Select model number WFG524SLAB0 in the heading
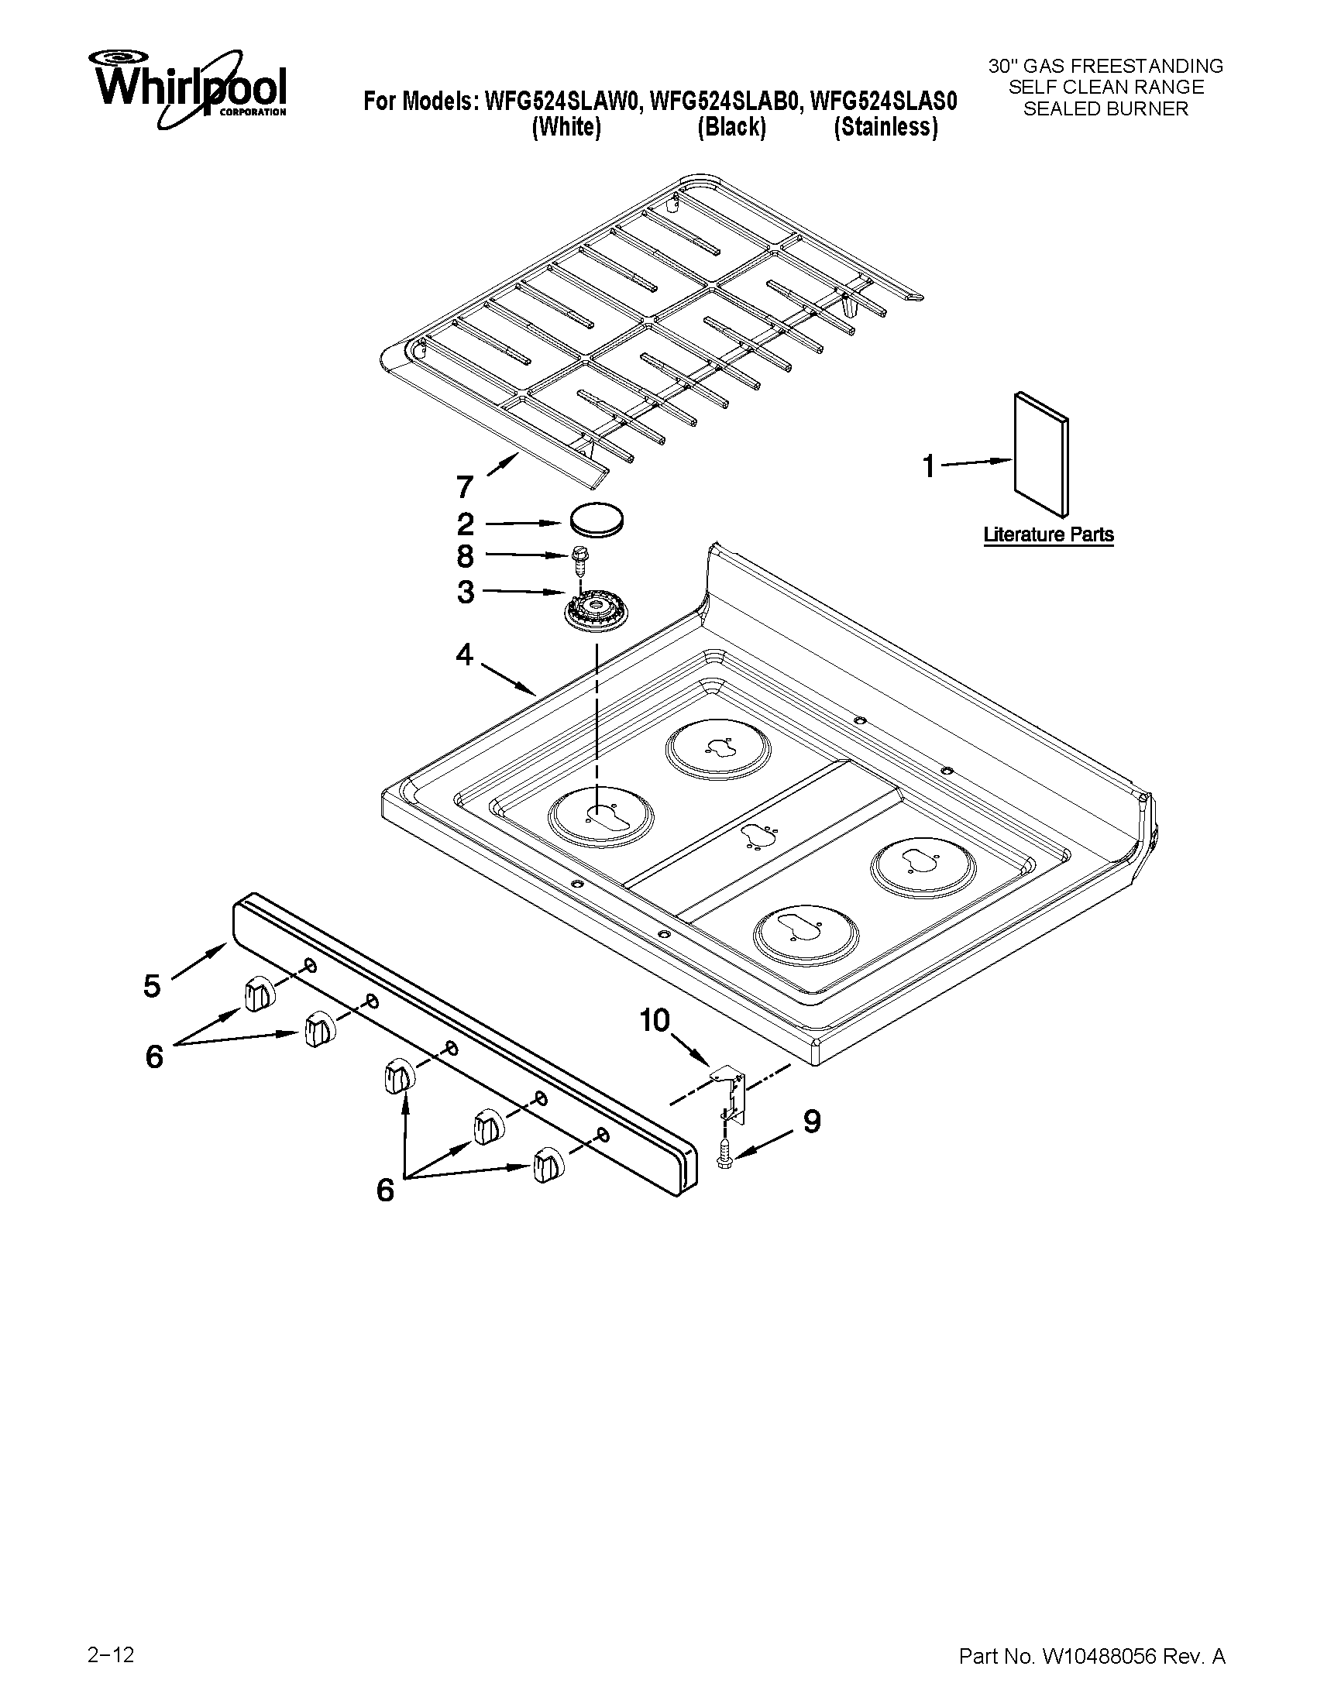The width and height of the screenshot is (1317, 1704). [x=725, y=101]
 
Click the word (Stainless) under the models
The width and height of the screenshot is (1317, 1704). [x=885, y=127]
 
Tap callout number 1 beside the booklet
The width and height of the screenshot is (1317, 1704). [x=927, y=466]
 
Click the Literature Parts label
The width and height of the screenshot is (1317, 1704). [x=1048, y=535]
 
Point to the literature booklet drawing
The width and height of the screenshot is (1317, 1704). [x=1041, y=453]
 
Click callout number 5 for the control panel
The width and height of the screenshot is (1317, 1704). [x=152, y=985]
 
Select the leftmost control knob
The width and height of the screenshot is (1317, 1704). [x=258, y=992]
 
